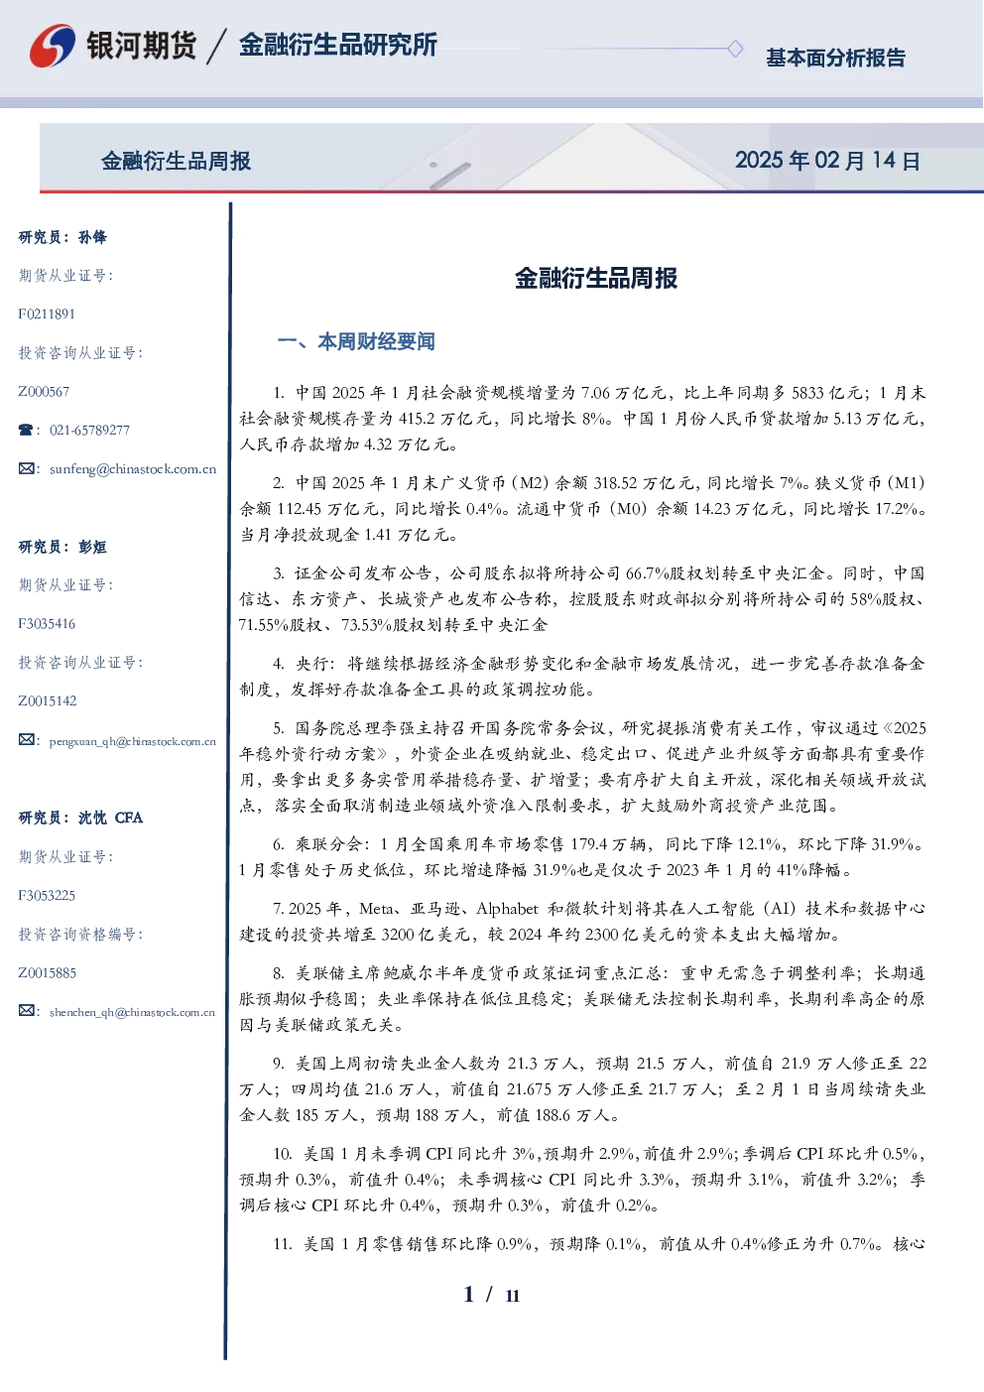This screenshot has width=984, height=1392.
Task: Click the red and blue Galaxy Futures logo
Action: pyautogui.click(x=53, y=46)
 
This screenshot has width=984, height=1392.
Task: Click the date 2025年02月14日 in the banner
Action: pyautogui.click(x=827, y=161)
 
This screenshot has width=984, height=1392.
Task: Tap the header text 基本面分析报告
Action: pyautogui.click(x=835, y=58)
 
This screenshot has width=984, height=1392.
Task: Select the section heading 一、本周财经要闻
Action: pyautogui.click(x=356, y=341)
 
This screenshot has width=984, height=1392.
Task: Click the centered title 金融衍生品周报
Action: pyautogui.click(x=596, y=278)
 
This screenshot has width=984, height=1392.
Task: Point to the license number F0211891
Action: pyautogui.click(x=47, y=314)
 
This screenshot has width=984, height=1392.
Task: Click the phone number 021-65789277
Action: pyautogui.click(x=89, y=430)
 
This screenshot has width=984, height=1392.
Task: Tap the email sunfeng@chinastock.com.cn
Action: pyautogui.click(x=133, y=469)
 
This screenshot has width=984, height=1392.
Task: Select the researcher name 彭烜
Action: pyautogui.click(x=92, y=547)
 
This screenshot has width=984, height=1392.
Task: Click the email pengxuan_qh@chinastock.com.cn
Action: pyautogui.click(x=133, y=741)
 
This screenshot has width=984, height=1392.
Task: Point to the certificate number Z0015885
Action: pyautogui.click(x=48, y=972)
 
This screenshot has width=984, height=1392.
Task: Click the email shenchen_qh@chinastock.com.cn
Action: pyautogui.click(x=132, y=1012)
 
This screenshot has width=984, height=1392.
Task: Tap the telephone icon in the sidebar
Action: pyautogui.click(x=26, y=430)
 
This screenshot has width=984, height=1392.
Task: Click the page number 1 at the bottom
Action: pyautogui.click(x=469, y=1295)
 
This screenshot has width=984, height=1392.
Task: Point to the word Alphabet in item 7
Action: pyautogui.click(x=507, y=909)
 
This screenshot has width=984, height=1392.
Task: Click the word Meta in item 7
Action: pyautogui.click(x=376, y=909)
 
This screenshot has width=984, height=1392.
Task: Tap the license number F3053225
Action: pyautogui.click(x=47, y=896)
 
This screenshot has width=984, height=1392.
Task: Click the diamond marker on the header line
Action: pyautogui.click(x=735, y=49)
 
